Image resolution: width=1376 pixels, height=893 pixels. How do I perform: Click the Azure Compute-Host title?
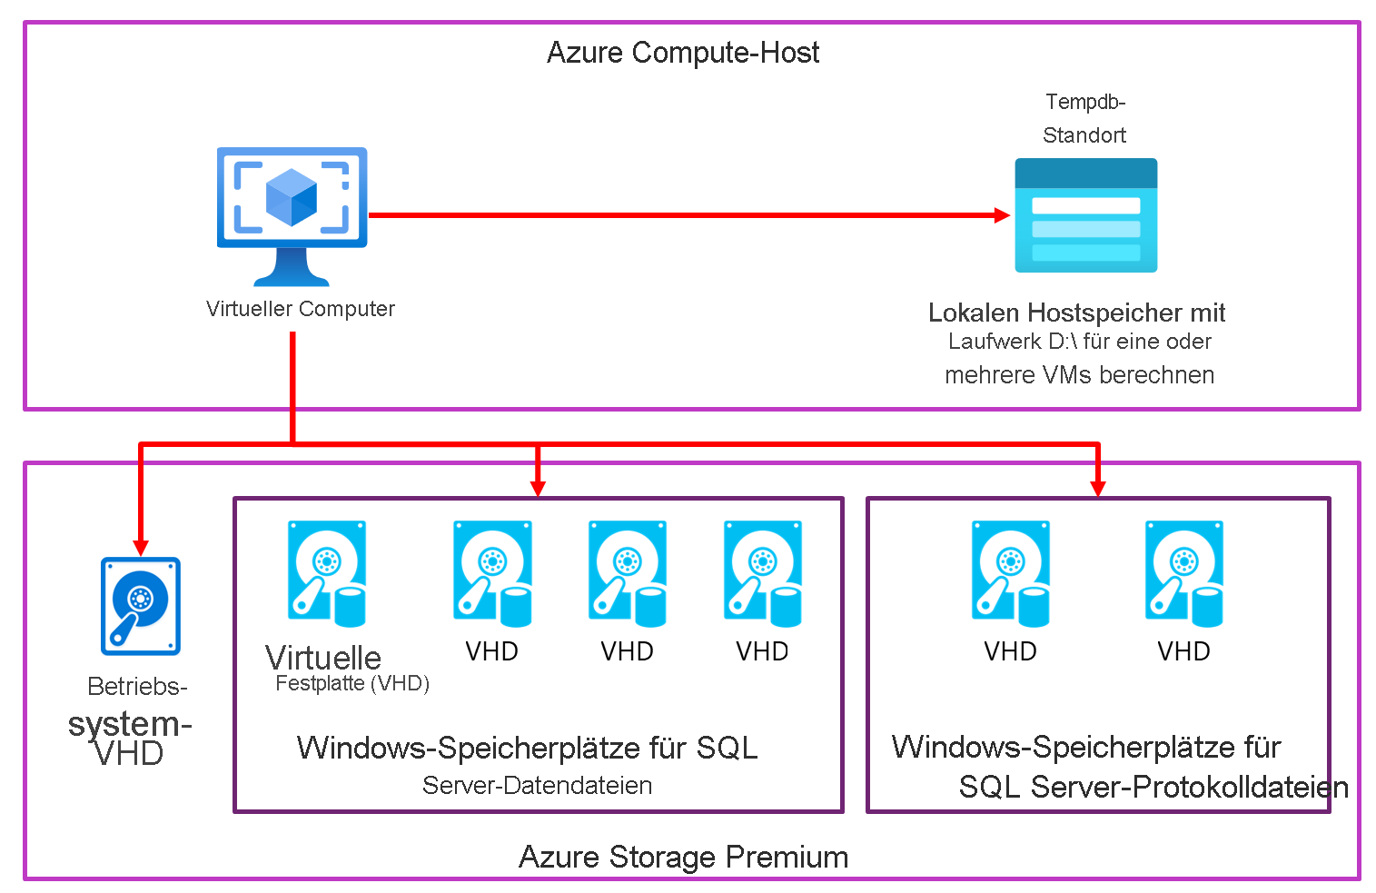[x=682, y=53]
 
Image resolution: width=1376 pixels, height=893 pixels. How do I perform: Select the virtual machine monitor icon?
[x=292, y=215]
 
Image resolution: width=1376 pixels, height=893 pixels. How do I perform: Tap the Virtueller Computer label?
[x=300, y=309]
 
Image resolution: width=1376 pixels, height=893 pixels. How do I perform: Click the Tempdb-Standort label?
[x=1084, y=118]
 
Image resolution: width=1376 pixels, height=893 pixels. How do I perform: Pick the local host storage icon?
[x=1085, y=216]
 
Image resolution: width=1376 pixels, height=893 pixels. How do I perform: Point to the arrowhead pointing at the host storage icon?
[x=1002, y=215]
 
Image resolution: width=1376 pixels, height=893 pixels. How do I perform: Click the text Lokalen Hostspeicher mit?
[x=1076, y=313]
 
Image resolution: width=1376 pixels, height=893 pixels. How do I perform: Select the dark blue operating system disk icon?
[x=140, y=606]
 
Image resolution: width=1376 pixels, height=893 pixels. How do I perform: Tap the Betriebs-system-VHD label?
[x=130, y=722]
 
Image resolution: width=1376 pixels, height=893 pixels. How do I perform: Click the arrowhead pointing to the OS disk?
[x=140, y=547]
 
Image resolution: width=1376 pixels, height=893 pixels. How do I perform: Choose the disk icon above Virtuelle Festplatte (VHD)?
[x=327, y=573]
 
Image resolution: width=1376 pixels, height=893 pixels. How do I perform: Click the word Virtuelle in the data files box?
[x=323, y=658]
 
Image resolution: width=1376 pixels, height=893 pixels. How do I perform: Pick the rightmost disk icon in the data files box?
[x=762, y=573]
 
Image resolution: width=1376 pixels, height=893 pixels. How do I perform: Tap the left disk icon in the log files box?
[x=1010, y=573]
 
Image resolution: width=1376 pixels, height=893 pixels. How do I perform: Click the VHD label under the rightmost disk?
[x=1183, y=651]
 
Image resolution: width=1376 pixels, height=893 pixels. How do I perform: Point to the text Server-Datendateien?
[x=537, y=786]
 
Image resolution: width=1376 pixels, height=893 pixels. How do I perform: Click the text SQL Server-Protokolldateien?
[x=1153, y=787]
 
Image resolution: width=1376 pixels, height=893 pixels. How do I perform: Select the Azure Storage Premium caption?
[x=683, y=857]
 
